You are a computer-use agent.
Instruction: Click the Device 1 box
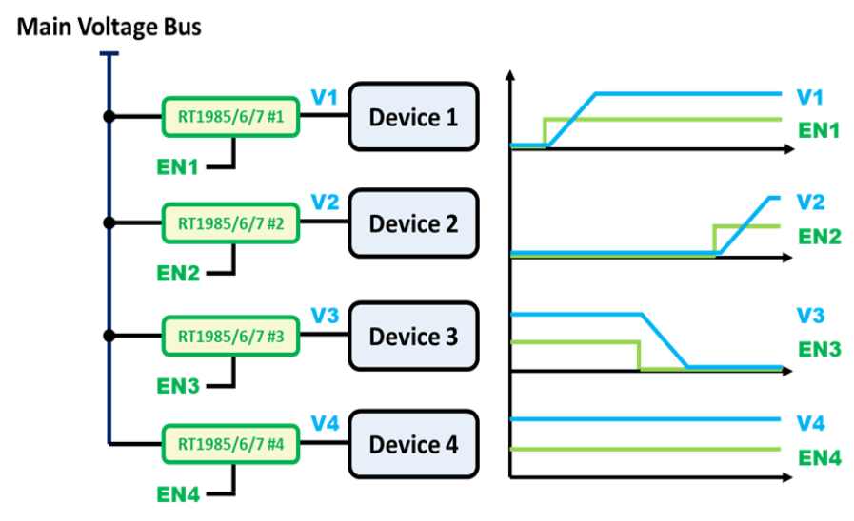413,117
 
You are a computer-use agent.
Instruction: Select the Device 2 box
413,223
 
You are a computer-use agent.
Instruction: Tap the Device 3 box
413,337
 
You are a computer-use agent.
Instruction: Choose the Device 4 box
413,444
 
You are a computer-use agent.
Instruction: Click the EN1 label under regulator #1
178,167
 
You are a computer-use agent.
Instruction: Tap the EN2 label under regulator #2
178,274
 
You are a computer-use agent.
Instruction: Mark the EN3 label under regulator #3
178,387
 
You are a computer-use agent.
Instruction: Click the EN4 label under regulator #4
178,495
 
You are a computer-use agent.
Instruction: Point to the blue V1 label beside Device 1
325,96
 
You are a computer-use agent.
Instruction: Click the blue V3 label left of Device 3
325,316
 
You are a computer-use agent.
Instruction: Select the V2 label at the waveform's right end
810,203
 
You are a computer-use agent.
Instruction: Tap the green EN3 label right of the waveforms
819,350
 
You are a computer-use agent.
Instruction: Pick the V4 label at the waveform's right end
810,423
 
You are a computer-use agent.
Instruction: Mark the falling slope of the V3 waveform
665,339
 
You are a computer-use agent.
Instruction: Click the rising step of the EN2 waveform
714,239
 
